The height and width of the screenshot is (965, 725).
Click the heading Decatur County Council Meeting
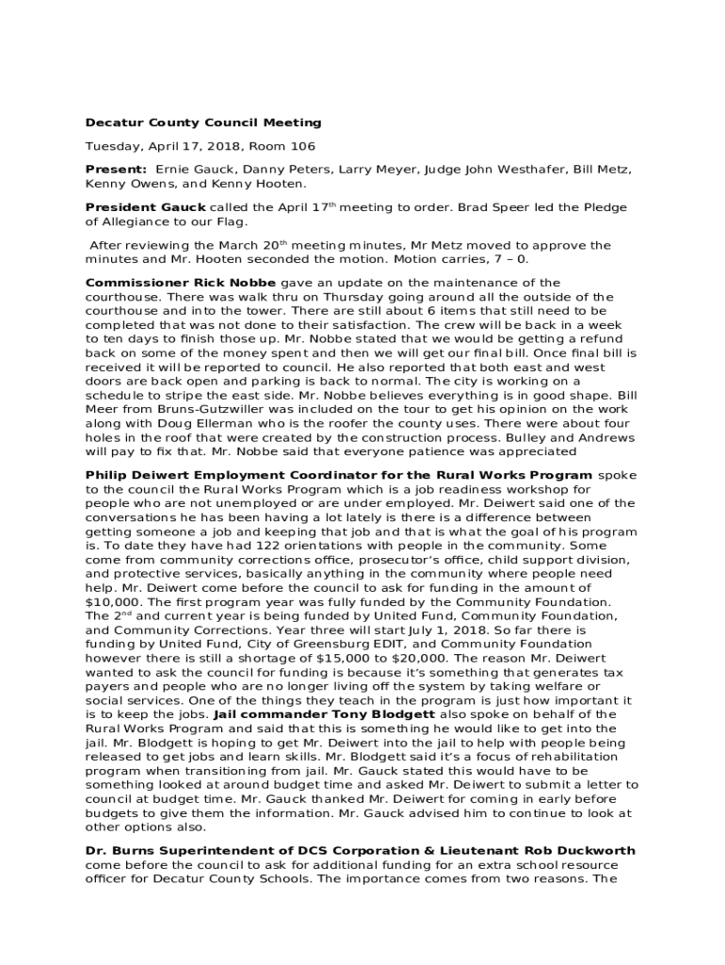[203, 123]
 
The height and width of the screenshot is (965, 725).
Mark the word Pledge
[605, 207]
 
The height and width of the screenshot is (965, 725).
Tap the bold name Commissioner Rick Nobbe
[181, 283]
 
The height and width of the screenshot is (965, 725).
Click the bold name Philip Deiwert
[135, 476]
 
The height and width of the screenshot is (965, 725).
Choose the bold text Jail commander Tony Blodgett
[325, 714]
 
